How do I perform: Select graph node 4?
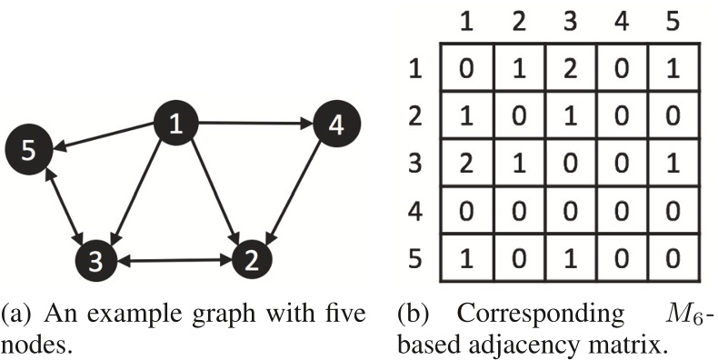pyautogui.click(x=336, y=125)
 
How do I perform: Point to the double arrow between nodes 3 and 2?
pyautogui.click(x=173, y=260)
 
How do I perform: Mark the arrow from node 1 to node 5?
pyautogui.click(x=105, y=135)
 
